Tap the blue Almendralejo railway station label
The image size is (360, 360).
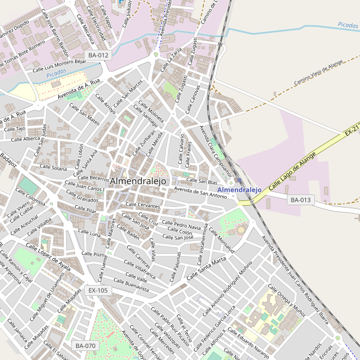click(x=239, y=190)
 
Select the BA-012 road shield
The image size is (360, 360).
click(x=98, y=55)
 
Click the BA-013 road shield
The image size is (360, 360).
click(x=301, y=200)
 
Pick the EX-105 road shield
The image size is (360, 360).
click(x=98, y=290)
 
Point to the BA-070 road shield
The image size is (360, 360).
click(x=86, y=346)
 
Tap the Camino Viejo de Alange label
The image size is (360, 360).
click(x=318, y=76)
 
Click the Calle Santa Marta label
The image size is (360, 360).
click(x=206, y=268)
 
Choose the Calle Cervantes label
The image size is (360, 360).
click(x=143, y=205)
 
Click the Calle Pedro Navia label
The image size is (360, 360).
click(x=183, y=226)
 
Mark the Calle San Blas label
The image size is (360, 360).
click(x=202, y=181)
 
